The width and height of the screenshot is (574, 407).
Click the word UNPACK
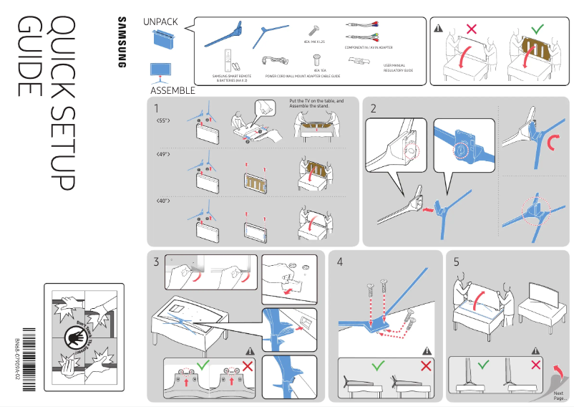point(160,22)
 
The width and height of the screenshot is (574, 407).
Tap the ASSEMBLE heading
point(172,91)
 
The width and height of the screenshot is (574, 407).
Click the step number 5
point(457,262)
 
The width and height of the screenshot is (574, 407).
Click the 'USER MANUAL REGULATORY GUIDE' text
point(398,68)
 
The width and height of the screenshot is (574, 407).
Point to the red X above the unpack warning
point(471,29)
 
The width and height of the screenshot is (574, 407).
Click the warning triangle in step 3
point(250,350)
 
